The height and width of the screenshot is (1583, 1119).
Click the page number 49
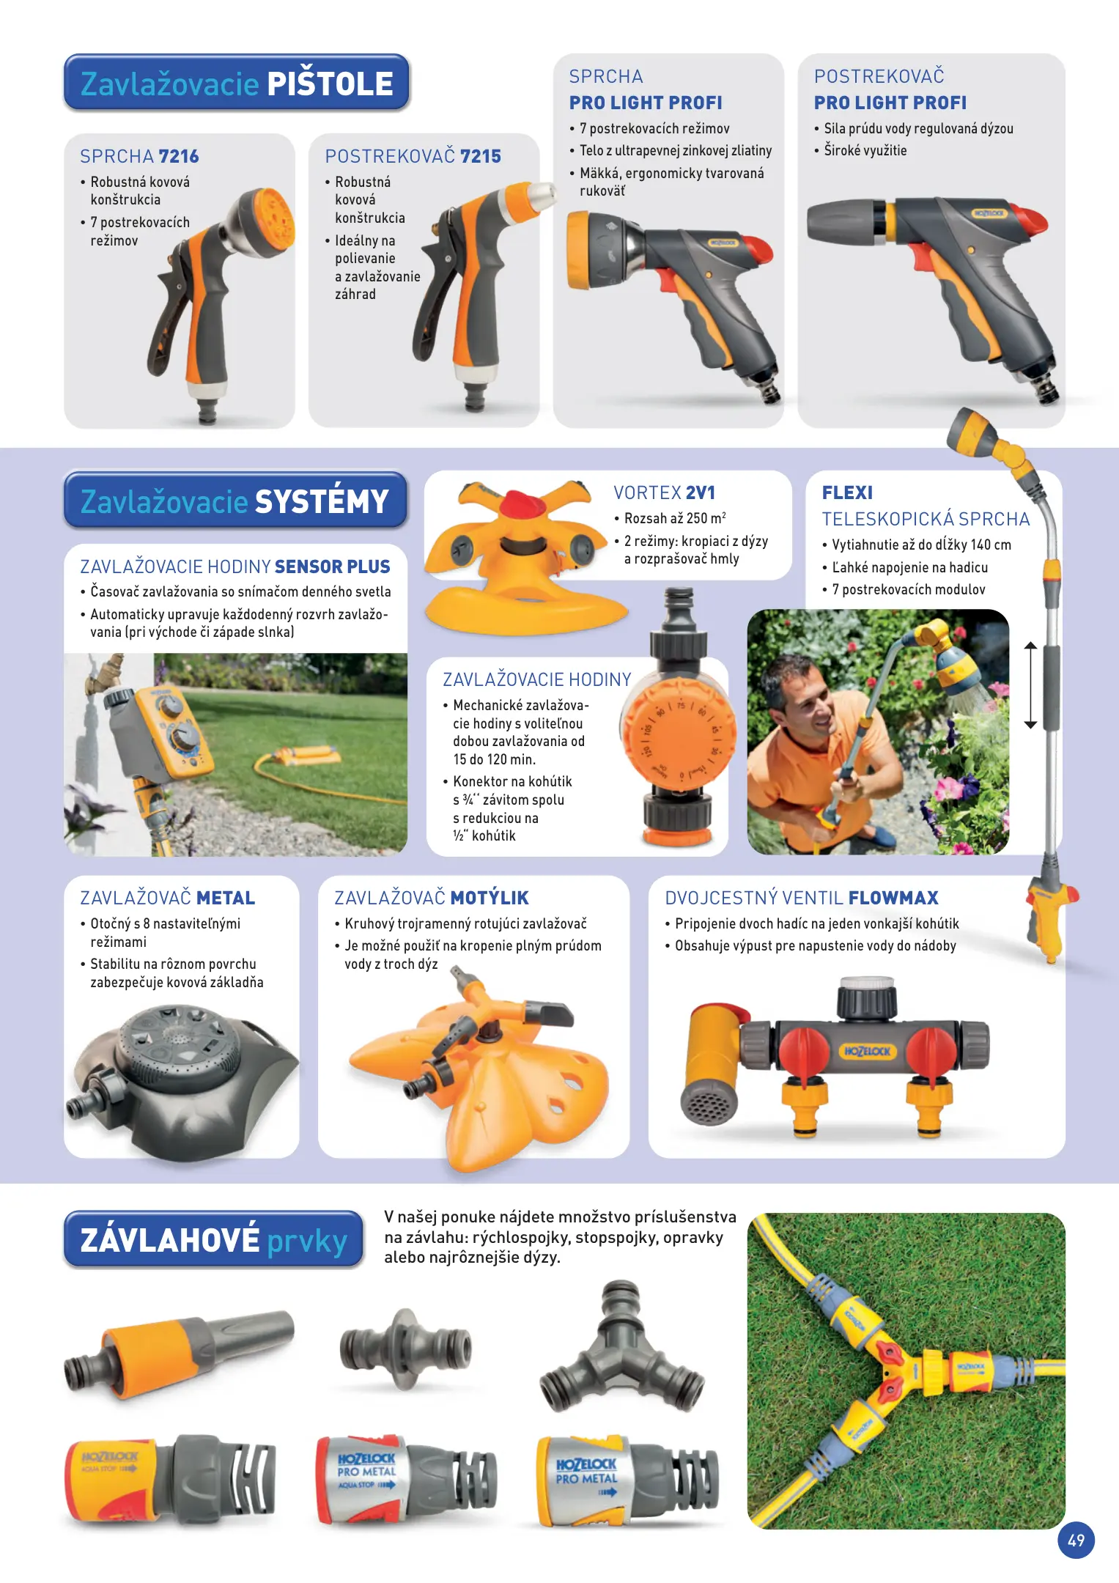pyautogui.click(x=1076, y=1540)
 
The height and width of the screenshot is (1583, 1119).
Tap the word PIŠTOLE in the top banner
pyautogui.click(x=330, y=84)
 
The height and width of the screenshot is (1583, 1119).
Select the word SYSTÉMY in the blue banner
pyautogui.click(x=322, y=501)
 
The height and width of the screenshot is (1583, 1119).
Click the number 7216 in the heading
pyautogui.click(x=179, y=156)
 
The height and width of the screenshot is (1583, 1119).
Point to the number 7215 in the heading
pyautogui.click(x=481, y=156)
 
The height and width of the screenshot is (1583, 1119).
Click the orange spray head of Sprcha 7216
pyautogui.click(x=270, y=218)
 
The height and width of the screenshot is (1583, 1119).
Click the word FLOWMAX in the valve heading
pyautogui.click(x=893, y=898)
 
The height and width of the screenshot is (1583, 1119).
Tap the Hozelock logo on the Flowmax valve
pyautogui.click(x=867, y=1051)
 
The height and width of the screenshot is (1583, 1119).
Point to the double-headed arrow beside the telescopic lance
pyautogui.click(x=1030, y=685)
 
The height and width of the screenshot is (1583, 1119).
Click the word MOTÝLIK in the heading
pyautogui.click(x=490, y=898)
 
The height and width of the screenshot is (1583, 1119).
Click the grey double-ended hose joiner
pyautogui.click(x=405, y=1349)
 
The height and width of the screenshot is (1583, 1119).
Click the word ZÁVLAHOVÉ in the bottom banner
pyautogui.click(x=170, y=1240)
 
